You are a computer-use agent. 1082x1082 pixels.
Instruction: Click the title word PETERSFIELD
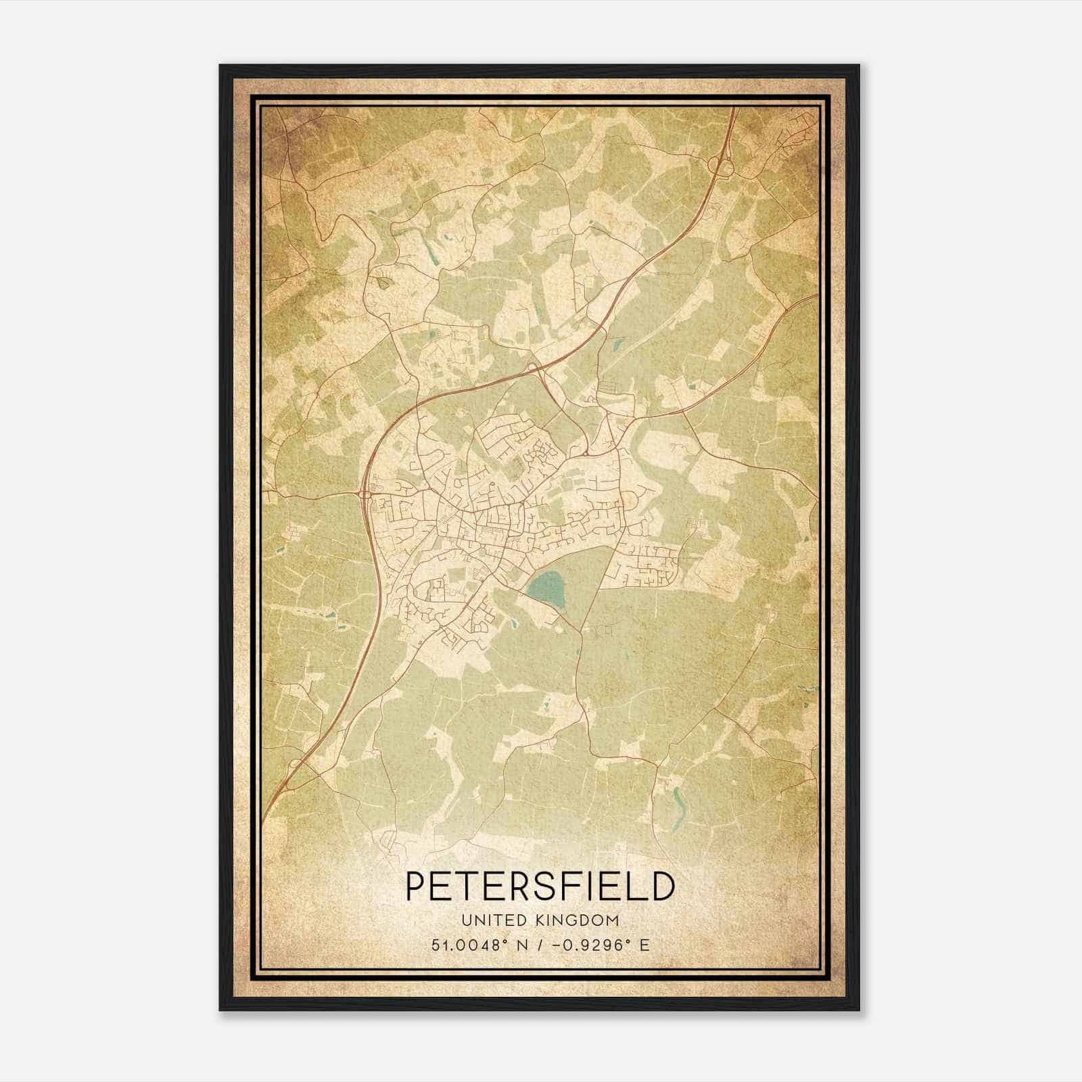(x=540, y=887)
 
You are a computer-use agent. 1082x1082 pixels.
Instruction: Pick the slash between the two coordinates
(x=540, y=945)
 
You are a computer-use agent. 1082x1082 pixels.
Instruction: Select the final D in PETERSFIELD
(x=663, y=887)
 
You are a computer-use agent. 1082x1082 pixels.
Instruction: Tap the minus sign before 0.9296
(x=555, y=945)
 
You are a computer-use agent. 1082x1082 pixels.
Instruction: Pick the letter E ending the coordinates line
(x=645, y=945)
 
